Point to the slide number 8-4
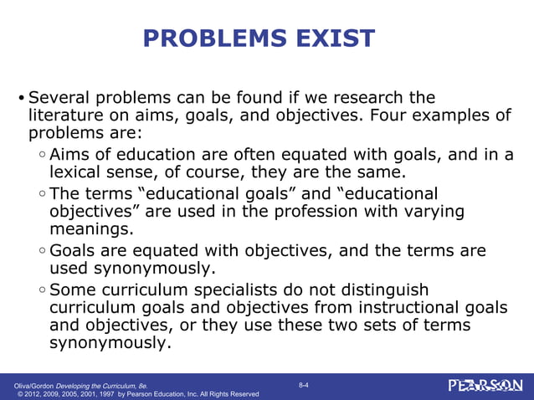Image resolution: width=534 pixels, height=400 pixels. (303, 384)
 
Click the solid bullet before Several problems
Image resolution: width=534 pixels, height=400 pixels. (22, 99)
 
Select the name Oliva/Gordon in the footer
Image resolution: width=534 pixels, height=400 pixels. (33, 384)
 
